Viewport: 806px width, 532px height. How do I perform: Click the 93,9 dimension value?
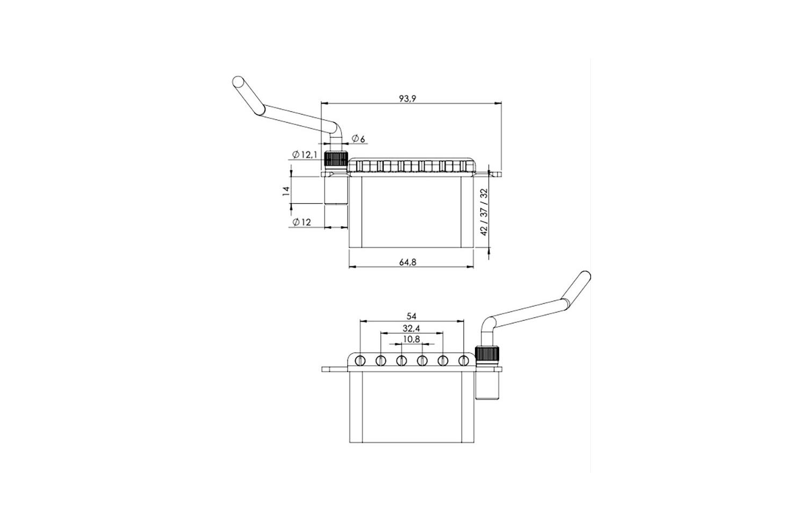point(407,98)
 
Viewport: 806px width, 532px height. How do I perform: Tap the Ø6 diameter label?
point(358,139)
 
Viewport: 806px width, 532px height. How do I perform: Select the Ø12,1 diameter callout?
point(305,155)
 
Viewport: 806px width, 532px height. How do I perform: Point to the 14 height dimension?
point(286,190)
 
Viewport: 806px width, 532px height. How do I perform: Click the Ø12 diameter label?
point(301,222)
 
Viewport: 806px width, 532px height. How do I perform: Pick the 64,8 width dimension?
point(408,262)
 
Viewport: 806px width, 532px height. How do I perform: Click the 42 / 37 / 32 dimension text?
point(484,212)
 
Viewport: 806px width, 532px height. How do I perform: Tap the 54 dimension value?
point(411,316)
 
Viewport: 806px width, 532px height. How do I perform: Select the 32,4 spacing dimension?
point(411,328)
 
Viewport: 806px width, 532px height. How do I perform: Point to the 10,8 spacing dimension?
point(411,339)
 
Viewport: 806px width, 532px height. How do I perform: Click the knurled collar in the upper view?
point(336,159)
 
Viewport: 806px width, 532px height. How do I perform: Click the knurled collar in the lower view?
point(487,354)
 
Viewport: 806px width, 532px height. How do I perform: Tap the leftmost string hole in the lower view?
point(360,360)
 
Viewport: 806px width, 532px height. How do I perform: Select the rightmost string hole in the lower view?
point(463,360)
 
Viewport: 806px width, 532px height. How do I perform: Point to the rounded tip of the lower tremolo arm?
point(586,276)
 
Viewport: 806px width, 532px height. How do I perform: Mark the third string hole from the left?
point(401,360)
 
